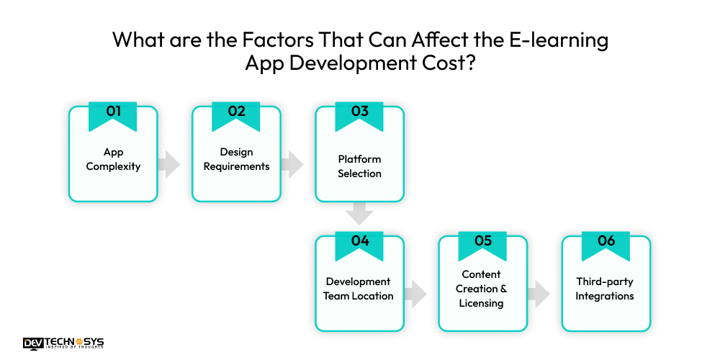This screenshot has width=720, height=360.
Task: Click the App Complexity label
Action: [113, 159]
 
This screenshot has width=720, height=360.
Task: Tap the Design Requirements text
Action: [236, 159]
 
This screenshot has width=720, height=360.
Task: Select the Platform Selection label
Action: [359, 166]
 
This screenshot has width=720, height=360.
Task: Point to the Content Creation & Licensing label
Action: [482, 289]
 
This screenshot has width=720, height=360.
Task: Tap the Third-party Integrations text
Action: [605, 289]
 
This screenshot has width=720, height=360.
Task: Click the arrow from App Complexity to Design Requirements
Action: [170, 164]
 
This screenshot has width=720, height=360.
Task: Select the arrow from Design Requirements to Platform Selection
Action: [292, 164]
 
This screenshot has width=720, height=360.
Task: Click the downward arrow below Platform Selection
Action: [359, 214]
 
